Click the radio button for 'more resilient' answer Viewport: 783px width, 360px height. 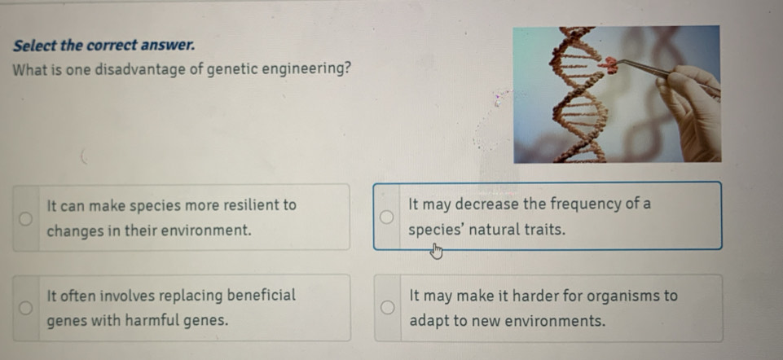[26, 218]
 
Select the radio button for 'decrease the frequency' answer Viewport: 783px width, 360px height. [386, 217]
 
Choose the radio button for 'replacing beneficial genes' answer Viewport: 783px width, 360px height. [26, 308]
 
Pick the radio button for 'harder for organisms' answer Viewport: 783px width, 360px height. [387, 308]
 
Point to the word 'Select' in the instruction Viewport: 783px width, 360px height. [34, 46]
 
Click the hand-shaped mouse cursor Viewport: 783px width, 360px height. [437, 251]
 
